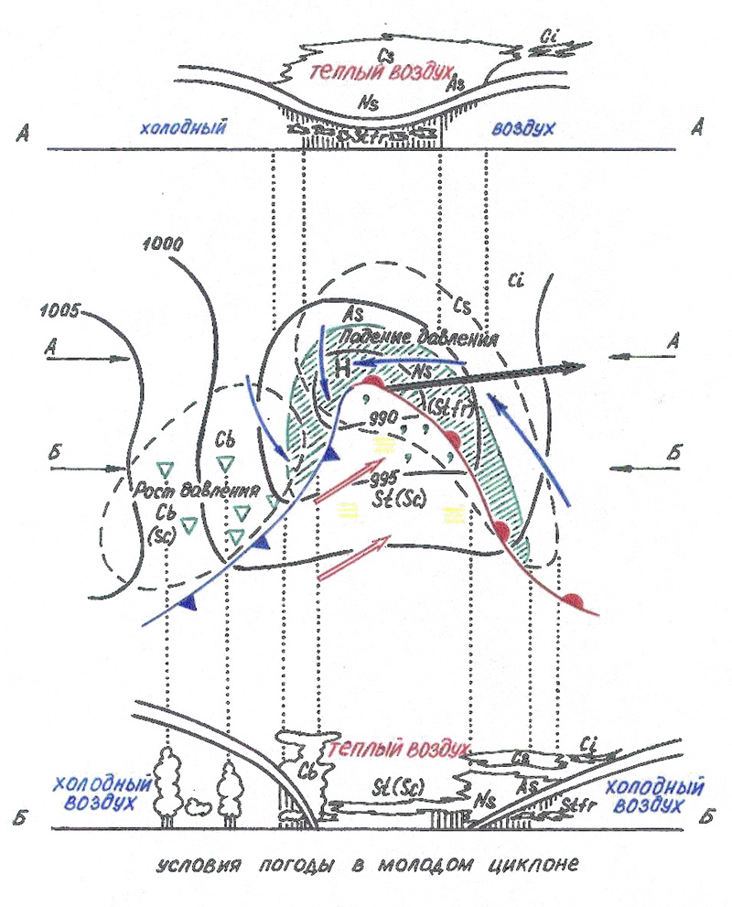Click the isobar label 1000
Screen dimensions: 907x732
pos(164,244)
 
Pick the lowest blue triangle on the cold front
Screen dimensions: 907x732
pos(190,602)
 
